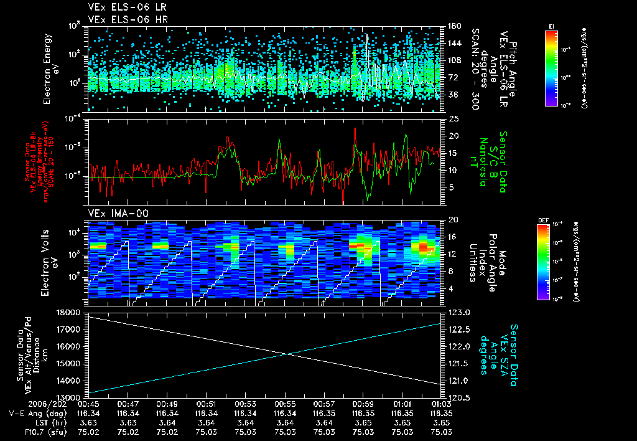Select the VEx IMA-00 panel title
pyautogui.click(x=112, y=213)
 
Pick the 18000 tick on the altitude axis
pyautogui.click(x=72, y=312)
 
